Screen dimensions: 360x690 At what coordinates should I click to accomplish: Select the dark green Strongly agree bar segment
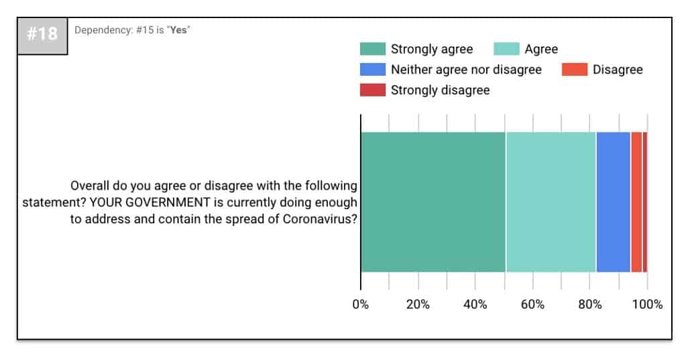433,202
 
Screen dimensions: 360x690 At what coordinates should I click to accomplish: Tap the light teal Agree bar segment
551,202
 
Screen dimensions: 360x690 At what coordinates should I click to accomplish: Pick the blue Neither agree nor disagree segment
614,202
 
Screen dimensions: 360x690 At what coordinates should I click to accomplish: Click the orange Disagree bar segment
636,202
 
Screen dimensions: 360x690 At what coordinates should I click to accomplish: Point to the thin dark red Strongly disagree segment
645,202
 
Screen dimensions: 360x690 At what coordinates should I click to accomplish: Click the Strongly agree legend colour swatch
373,49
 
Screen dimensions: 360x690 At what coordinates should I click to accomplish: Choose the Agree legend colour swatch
506,49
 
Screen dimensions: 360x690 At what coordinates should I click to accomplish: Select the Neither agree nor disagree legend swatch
373,70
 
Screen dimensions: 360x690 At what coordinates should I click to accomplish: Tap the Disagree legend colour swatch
575,70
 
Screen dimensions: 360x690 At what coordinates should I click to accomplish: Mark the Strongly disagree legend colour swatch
373,90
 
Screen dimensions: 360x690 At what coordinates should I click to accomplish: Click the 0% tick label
361,304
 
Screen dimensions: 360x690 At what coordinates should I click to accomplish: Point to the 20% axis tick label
418,304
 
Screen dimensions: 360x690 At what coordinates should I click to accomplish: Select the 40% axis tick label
475,304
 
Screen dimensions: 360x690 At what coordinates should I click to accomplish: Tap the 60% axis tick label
532,304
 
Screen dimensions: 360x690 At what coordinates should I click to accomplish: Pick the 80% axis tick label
590,304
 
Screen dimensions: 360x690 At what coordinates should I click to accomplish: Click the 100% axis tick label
647,304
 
